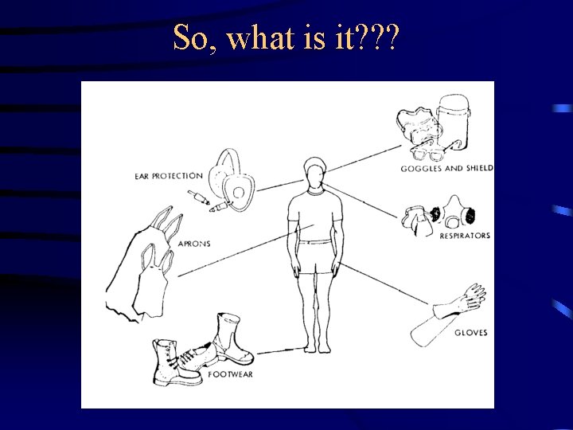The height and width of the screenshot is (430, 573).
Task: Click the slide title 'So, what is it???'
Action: click(286, 37)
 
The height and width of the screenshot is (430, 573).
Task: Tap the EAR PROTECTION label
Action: click(168, 176)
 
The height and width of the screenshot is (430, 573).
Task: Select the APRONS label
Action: click(193, 244)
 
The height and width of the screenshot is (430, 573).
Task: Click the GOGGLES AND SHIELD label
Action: click(446, 169)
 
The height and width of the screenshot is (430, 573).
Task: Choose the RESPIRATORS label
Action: click(465, 236)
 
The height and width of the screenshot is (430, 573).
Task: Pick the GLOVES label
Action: click(472, 332)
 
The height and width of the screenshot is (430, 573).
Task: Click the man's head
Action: click(314, 171)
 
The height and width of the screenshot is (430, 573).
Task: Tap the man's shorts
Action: click(315, 256)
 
